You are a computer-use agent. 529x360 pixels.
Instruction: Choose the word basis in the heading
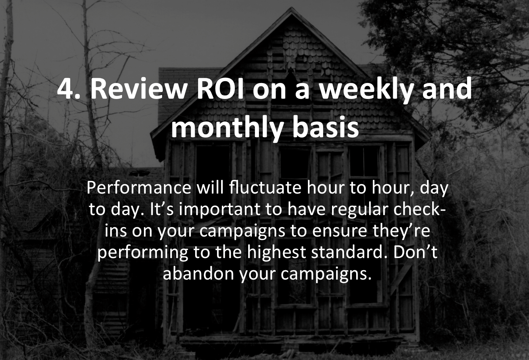point(326,128)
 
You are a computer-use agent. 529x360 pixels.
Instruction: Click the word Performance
point(139,188)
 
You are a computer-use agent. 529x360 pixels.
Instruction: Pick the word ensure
point(339,232)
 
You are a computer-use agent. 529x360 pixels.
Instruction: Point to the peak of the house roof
point(292,7)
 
